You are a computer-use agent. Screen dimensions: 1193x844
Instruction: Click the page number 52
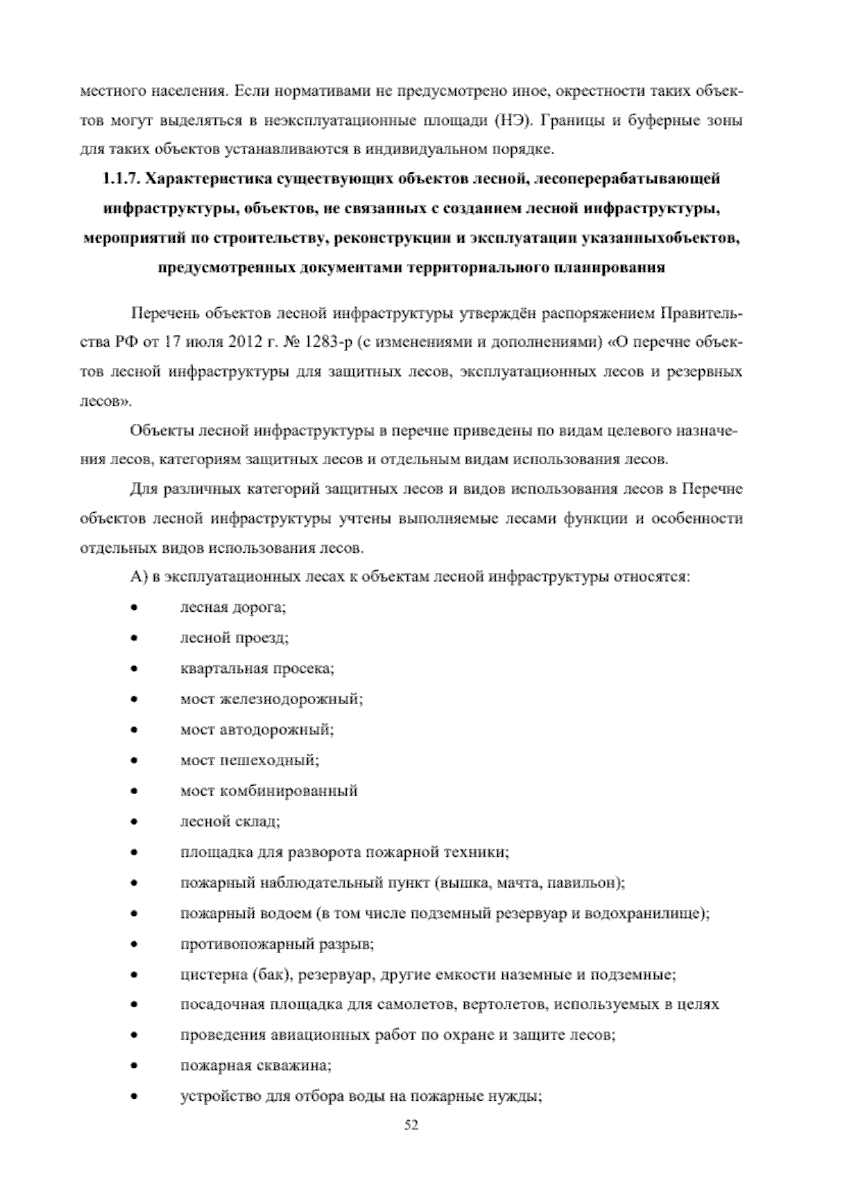[412, 1125]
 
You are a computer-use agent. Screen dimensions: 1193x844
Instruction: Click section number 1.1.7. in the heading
[122, 179]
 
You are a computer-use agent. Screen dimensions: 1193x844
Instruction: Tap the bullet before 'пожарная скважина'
[134, 1065]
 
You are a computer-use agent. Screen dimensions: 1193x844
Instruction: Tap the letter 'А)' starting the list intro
[138, 577]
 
